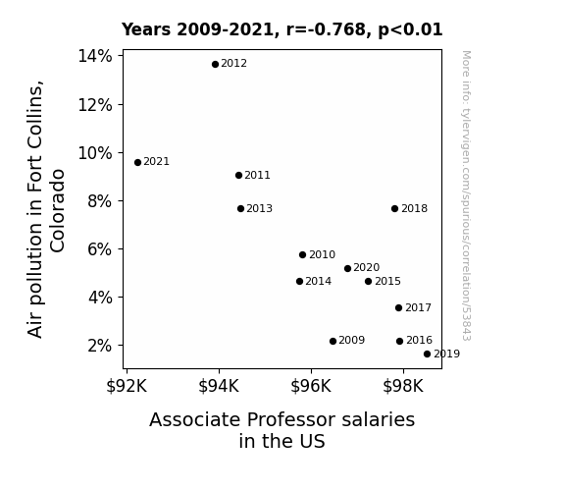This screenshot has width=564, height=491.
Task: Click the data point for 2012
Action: tap(215, 65)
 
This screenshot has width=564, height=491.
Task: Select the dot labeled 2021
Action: tap(137, 162)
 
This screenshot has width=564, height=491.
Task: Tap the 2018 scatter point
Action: tap(394, 208)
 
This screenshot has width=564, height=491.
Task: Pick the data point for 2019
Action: tap(427, 355)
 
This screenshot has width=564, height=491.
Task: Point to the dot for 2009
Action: tap(333, 341)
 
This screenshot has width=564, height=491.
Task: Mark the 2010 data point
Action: tap(302, 254)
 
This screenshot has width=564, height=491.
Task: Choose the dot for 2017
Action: tap(398, 307)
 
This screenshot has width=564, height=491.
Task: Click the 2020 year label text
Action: tap(366, 268)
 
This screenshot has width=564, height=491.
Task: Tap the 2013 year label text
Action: tap(259, 208)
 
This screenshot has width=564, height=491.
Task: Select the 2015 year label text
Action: tap(387, 281)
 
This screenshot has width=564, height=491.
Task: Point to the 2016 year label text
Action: tap(419, 340)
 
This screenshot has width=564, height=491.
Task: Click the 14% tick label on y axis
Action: tap(95, 56)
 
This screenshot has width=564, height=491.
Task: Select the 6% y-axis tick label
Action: tap(100, 249)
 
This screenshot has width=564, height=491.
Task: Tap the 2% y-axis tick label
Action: tap(100, 346)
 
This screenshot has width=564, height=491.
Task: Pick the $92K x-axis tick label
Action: tap(127, 386)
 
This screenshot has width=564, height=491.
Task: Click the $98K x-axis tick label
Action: tap(403, 386)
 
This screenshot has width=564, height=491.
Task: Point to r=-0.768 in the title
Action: tap(326, 29)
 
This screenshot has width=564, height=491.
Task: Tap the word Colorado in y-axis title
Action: tap(57, 211)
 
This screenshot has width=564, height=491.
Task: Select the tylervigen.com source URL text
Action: tap(466, 196)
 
